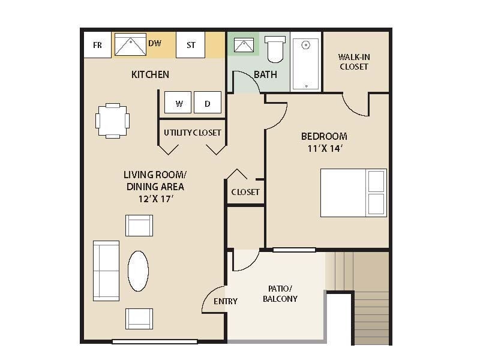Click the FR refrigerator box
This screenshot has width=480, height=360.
(x=97, y=45)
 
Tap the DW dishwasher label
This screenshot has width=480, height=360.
(x=155, y=43)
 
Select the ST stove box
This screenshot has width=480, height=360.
(x=191, y=45)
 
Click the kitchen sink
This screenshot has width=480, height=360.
(x=130, y=45)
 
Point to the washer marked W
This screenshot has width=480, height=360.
(x=179, y=103)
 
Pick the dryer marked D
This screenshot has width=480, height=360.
(x=208, y=103)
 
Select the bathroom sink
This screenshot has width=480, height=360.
(x=243, y=45)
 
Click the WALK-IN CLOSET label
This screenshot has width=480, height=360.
(x=353, y=62)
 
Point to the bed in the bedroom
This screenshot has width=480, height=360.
(x=353, y=193)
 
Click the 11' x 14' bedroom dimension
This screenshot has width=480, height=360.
(x=324, y=148)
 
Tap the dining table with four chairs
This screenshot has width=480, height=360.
(x=113, y=121)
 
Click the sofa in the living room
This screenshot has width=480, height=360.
(x=106, y=271)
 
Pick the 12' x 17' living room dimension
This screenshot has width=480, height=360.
(x=154, y=198)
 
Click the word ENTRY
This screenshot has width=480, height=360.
(x=226, y=301)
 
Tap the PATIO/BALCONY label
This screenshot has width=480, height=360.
(x=280, y=293)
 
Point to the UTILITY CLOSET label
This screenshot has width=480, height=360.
(x=192, y=133)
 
